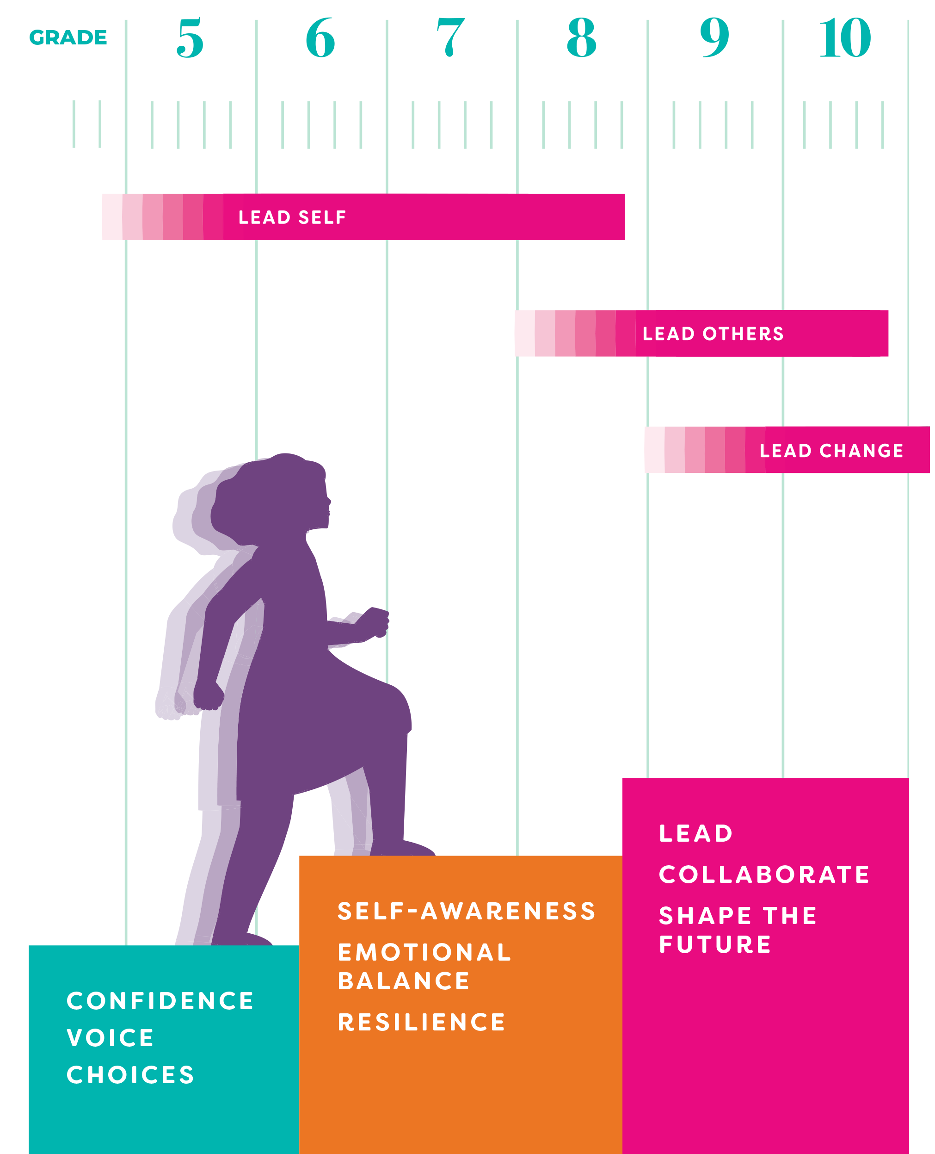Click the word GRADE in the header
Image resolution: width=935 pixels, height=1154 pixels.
click(68, 38)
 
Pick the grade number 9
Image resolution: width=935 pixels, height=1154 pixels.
click(715, 38)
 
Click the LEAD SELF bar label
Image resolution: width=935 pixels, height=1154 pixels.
click(292, 217)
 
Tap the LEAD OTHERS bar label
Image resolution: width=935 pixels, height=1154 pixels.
click(713, 334)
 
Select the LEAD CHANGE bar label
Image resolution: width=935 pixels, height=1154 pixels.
click(831, 451)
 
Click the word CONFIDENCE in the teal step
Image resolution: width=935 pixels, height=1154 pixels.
click(160, 1001)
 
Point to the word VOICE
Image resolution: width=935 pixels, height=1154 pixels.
click(111, 1038)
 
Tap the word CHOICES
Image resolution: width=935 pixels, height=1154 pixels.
click(130, 1075)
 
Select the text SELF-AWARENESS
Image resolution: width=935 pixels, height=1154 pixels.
click(467, 911)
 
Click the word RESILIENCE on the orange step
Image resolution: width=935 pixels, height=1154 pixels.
click(422, 1022)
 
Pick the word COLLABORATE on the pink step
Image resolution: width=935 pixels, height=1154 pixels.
click(764, 874)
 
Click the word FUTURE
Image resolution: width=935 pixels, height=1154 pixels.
click(715, 944)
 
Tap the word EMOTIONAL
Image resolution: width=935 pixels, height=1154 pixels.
click(424, 952)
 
